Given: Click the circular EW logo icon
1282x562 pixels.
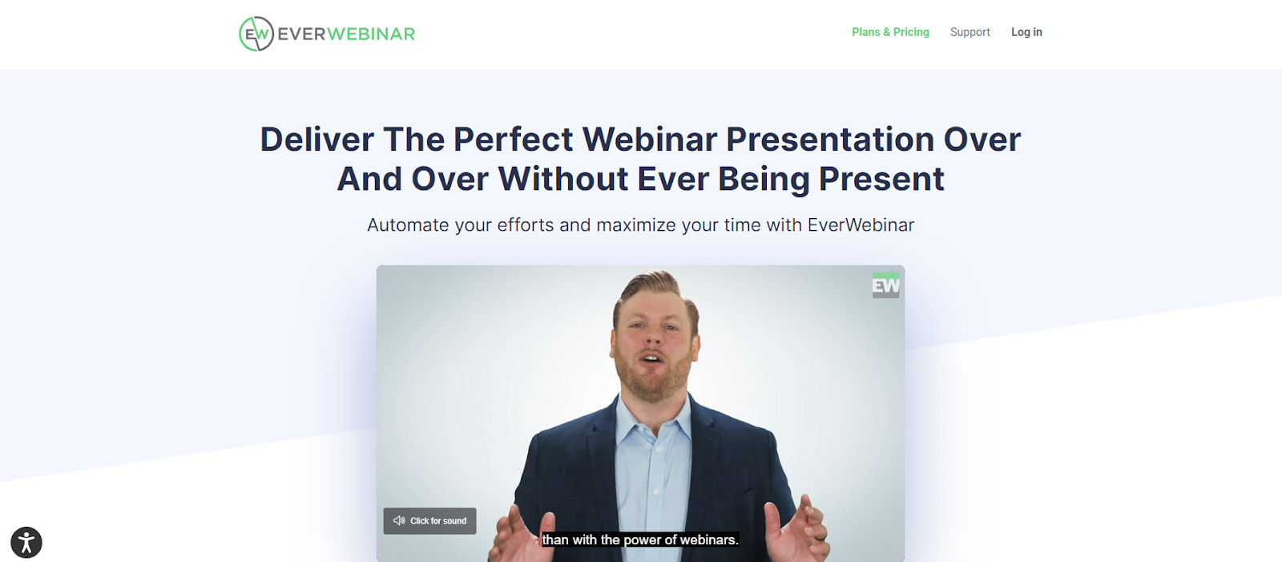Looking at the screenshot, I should (256, 34).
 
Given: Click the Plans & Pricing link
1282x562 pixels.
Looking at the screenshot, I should (890, 32).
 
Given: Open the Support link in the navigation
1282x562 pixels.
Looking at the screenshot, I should (970, 32).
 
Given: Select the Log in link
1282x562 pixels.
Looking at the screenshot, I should (1026, 32).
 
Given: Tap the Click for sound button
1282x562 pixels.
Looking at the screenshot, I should (429, 521).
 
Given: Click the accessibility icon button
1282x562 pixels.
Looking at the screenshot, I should (26, 543).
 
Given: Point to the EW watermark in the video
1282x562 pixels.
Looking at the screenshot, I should (885, 285).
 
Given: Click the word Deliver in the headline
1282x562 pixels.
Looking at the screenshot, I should (316, 139).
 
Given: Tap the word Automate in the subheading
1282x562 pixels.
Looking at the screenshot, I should (408, 225).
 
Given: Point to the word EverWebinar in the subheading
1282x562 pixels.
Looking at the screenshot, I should (861, 225).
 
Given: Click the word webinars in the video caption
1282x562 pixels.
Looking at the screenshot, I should (708, 540).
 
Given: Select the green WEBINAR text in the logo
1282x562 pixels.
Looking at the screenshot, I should (371, 34).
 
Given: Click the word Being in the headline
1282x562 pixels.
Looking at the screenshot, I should (764, 179).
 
